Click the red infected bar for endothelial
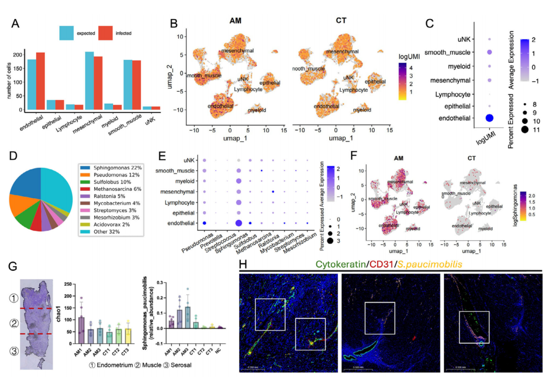click(40, 82)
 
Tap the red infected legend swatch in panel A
click(105, 33)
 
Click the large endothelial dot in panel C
click(490, 118)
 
